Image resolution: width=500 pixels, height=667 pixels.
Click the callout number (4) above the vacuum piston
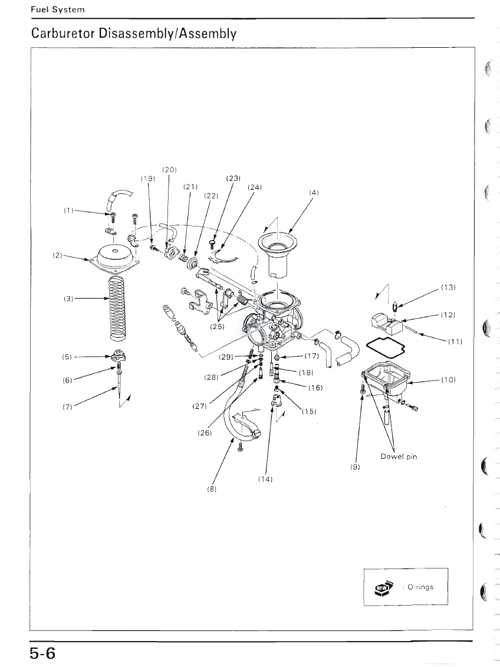point(314,193)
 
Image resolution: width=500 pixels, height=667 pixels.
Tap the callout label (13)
point(448,287)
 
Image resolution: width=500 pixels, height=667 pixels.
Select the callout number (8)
point(212,489)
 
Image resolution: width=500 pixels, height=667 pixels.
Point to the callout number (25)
point(217,327)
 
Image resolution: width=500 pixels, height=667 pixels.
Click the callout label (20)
point(169,169)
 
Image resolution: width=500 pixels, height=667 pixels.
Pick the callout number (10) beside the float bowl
point(448,379)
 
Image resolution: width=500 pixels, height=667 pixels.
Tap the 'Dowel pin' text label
point(399,456)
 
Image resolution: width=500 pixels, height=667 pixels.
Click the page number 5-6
point(42,652)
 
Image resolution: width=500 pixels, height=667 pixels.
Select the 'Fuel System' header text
point(58,9)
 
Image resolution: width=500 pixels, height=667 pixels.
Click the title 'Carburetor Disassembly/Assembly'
point(133,33)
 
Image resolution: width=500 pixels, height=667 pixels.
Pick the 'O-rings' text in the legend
point(420,587)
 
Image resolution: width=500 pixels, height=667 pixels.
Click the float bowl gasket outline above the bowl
point(385,347)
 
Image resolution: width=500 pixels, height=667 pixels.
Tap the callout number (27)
point(199,406)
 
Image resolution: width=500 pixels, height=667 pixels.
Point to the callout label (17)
point(311,356)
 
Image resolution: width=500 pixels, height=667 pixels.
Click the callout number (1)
point(69,210)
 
